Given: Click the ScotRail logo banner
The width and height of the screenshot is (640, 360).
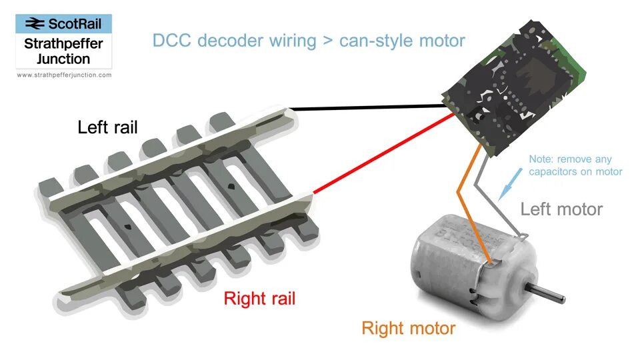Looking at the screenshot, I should coord(64,24).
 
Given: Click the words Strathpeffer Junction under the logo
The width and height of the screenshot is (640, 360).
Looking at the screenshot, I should coord(64,51).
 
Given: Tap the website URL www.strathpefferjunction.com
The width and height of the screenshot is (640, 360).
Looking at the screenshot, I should coord(64,75).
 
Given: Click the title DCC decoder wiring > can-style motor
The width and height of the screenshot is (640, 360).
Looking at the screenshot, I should coord(309,41).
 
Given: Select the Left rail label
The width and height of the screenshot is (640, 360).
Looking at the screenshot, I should coord(107,127).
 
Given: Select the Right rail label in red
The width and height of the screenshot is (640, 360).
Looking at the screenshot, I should coord(259,298).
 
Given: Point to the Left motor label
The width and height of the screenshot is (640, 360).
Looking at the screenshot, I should coord(561,209).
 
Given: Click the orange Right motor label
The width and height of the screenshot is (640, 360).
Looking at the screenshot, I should coord(408,328).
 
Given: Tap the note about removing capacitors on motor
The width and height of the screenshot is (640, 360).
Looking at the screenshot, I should coord(575,165).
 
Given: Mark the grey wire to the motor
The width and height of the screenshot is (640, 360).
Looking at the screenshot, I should coord(507,200).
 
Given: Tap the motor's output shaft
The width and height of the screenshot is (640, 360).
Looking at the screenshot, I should coord(551,292).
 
